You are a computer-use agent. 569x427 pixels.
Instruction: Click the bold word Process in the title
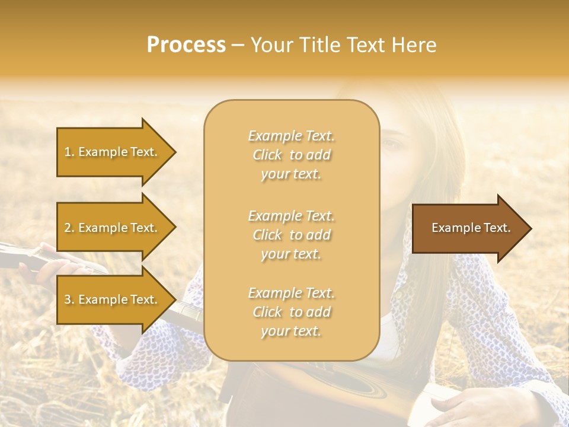click(186, 45)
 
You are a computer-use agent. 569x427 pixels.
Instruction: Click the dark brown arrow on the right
click(468, 228)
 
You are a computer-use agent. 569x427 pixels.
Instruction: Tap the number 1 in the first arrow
click(68, 152)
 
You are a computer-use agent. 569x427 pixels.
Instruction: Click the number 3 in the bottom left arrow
click(68, 299)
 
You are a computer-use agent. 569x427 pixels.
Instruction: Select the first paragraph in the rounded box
click(291, 155)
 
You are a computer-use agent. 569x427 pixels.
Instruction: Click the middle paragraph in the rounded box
click(291, 235)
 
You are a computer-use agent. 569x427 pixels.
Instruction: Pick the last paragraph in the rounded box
click(291, 312)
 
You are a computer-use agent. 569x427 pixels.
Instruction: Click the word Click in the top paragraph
click(268, 155)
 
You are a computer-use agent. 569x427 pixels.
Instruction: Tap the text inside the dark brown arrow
click(471, 228)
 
